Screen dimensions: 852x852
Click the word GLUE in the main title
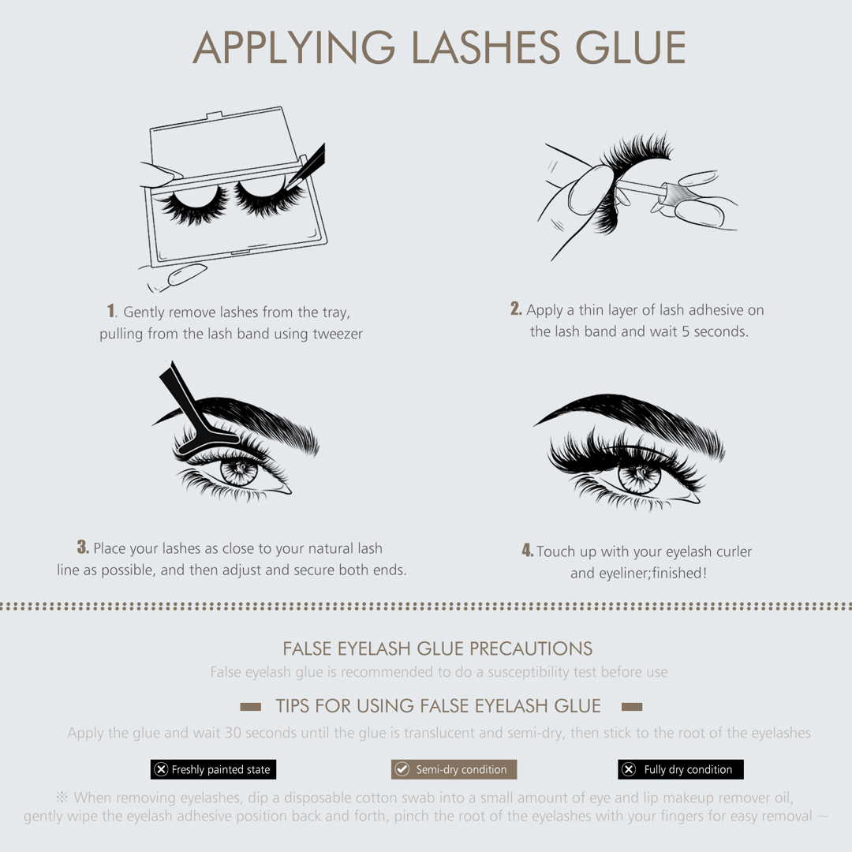[630, 47]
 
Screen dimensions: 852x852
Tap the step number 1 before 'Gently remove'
[111, 311]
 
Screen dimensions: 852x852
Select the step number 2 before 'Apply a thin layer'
[516, 308]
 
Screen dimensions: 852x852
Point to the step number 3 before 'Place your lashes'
[83, 547]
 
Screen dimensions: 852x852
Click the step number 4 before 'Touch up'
[527, 550]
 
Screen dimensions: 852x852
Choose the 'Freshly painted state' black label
[214, 769]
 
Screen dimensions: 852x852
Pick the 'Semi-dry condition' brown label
[454, 769]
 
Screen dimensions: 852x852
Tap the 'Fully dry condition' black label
[681, 769]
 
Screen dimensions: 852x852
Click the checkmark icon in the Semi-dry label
[402, 769]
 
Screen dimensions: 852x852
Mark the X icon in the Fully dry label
[629, 769]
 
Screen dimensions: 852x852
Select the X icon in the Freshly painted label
[161, 769]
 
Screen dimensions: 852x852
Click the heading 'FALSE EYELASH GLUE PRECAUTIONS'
[437, 648]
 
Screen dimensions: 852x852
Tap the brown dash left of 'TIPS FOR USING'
[251, 706]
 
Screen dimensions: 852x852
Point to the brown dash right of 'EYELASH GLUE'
[632, 706]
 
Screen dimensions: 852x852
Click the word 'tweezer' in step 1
[338, 334]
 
